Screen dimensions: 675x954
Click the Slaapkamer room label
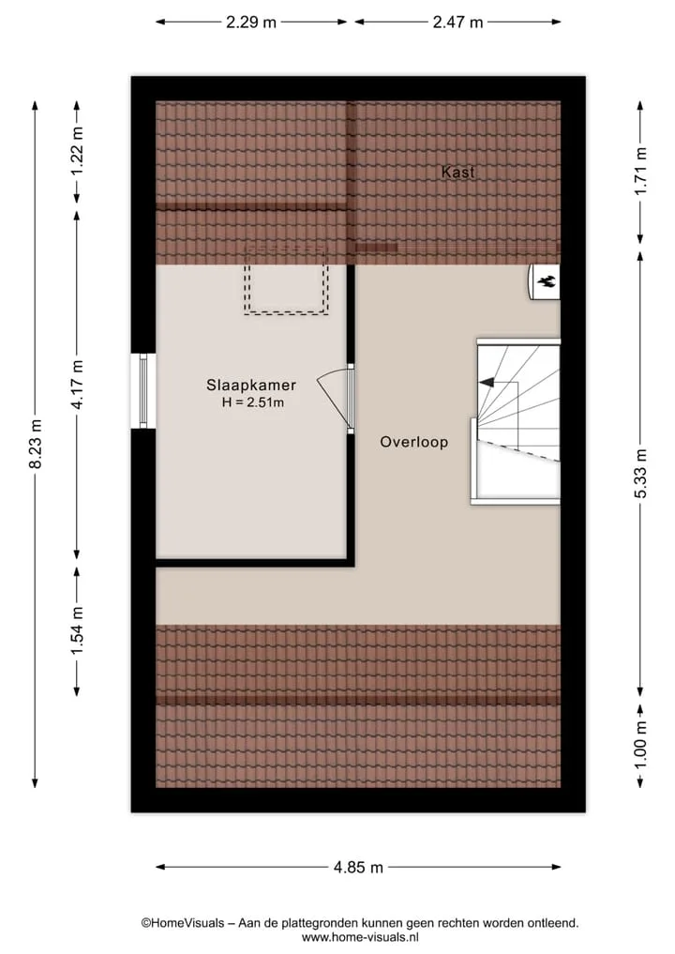coord(251,386)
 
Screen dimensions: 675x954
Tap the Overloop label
coord(414,443)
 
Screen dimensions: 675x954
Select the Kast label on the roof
coord(457,173)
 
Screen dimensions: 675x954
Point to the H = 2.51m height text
coord(253,402)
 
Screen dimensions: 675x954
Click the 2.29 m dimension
coord(251,23)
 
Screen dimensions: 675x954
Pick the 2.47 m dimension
coord(457,23)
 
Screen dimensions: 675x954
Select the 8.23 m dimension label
coord(36,444)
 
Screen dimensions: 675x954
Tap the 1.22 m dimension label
coord(77,150)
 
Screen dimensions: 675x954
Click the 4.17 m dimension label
coord(77,384)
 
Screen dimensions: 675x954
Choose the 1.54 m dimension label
coord(77,631)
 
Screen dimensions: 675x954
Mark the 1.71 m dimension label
coord(640,171)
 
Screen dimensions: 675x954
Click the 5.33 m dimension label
coord(640,474)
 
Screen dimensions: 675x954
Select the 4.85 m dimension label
coord(358,867)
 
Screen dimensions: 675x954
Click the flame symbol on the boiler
coord(546,281)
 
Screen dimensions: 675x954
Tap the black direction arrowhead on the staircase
coord(486,383)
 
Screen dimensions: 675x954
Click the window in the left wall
coord(143,391)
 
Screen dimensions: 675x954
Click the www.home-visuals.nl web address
coord(360,937)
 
